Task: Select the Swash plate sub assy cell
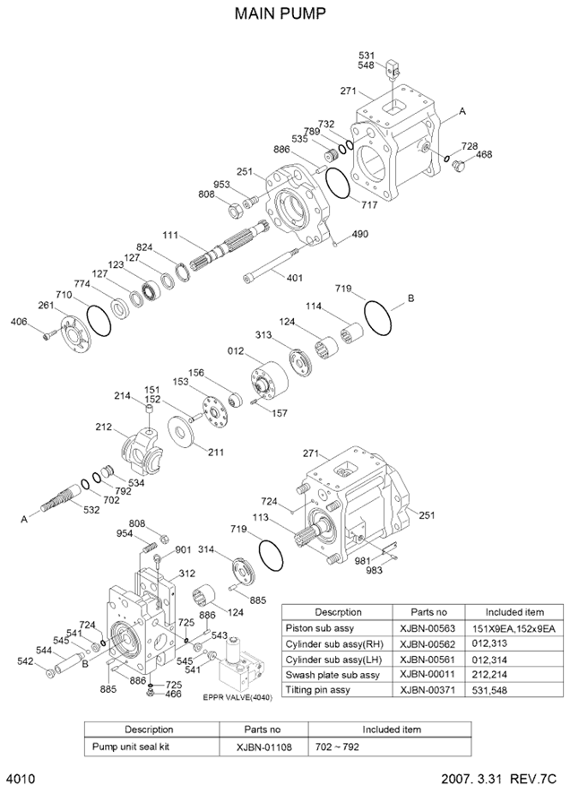pyautogui.click(x=332, y=674)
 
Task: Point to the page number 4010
pyautogui.click(x=20, y=779)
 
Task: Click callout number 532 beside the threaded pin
pyautogui.click(x=92, y=511)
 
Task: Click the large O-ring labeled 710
pyautogui.click(x=98, y=318)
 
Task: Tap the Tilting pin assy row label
pyautogui.click(x=319, y=690)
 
